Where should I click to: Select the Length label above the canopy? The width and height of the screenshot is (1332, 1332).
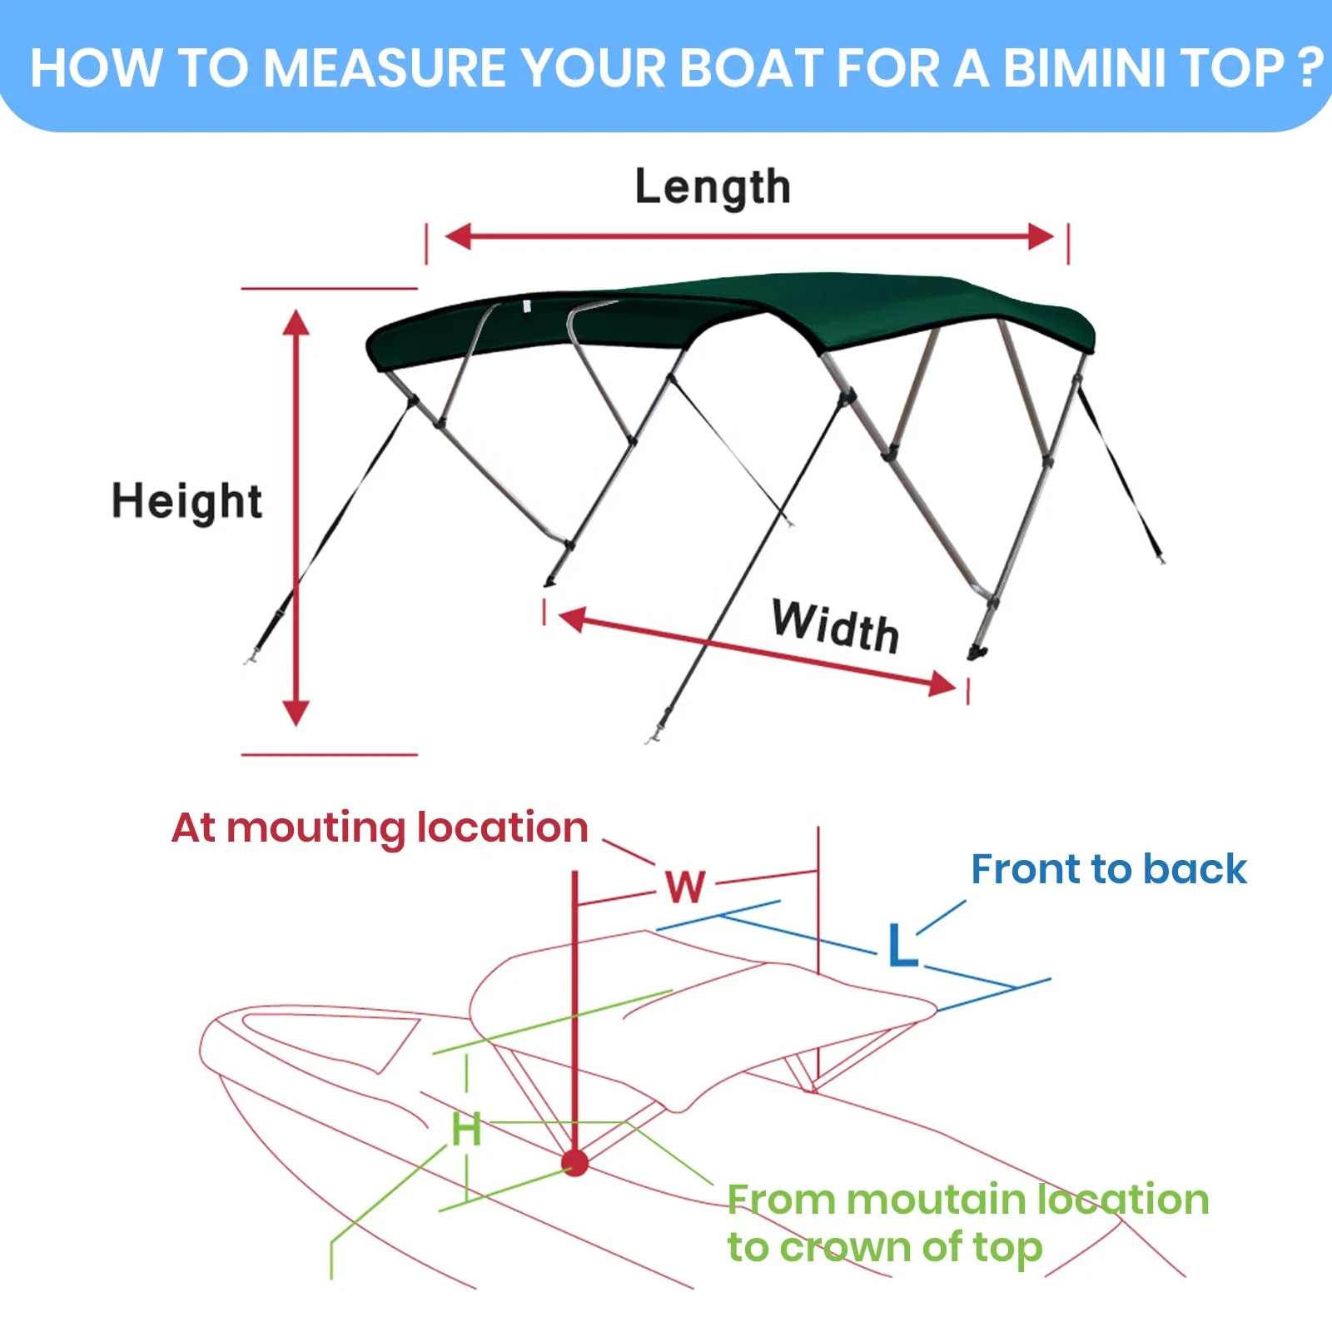(x=713, y=186)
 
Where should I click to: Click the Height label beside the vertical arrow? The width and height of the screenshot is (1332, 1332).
(x=187, y=501)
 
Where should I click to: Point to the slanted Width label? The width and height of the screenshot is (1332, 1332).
(x=835, y=626)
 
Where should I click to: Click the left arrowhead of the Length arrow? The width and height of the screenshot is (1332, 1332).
(x=459, y=236)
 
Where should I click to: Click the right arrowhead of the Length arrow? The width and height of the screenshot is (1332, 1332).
(x=1040, y=236)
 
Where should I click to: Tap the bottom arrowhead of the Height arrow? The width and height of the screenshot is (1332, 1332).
(x=296, y=712)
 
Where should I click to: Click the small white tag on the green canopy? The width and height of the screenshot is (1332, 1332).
(x=526, y=306)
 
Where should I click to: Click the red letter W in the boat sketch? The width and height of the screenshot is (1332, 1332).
(x=686, y=887)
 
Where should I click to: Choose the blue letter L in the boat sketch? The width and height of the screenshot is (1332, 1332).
(x=902, y=945)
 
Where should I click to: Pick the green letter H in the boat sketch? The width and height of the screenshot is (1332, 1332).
(x=466, y=1130)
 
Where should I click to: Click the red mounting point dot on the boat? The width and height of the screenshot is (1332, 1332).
(x=574, y=1163)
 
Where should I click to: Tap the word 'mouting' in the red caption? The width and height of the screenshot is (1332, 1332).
(x=316, y=829)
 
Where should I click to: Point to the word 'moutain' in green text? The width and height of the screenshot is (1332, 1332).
(x=937, y=1200)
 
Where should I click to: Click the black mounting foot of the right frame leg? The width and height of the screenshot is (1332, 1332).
(x=977, y=651)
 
